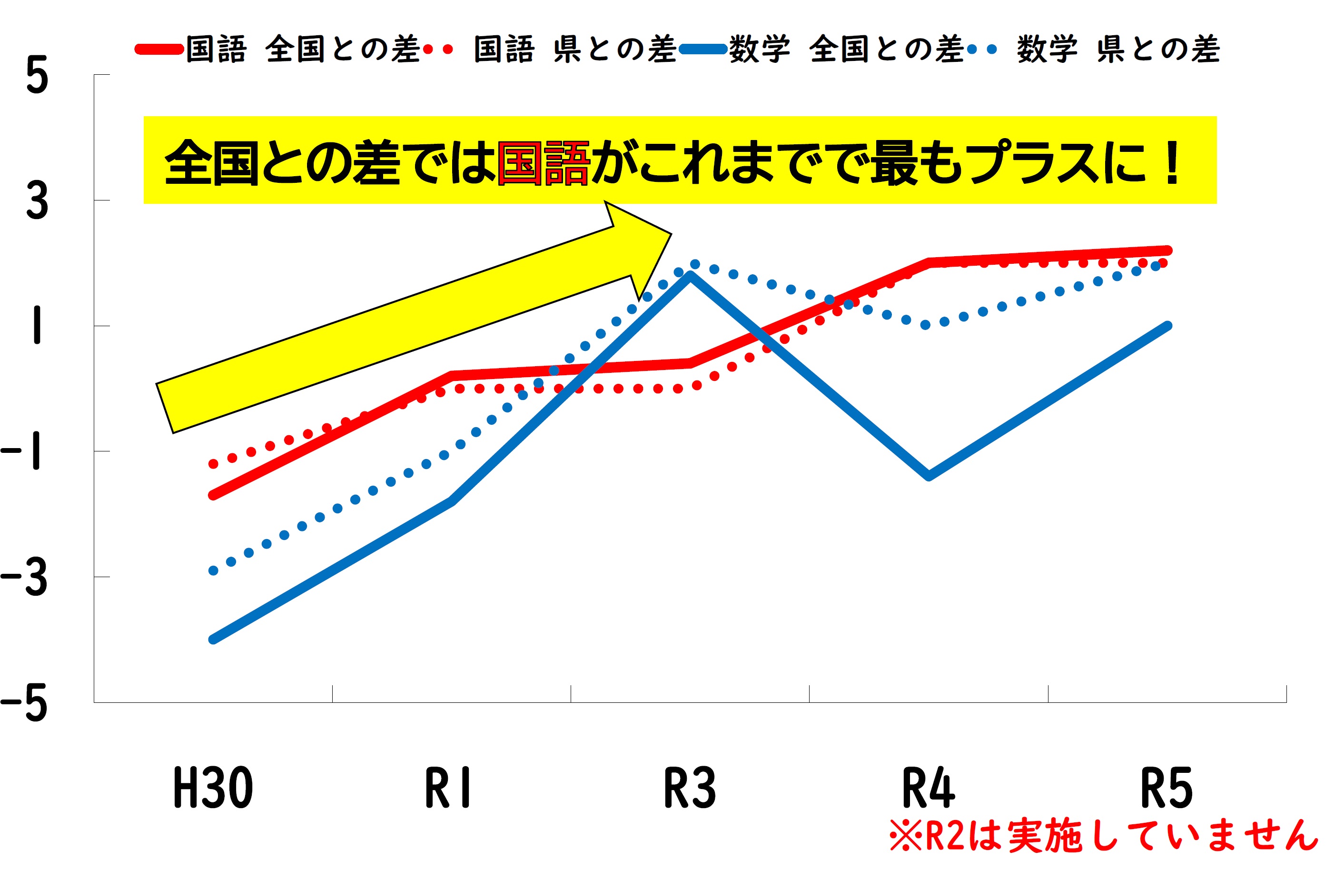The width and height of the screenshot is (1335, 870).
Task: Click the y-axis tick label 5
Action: pos(37,76)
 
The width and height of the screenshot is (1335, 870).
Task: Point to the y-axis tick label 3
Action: pos(37,201)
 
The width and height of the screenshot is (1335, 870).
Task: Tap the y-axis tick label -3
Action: pos(24,578)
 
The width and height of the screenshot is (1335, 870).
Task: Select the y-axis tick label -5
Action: pos(24,704)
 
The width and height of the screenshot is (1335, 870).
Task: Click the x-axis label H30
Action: pos(213,789)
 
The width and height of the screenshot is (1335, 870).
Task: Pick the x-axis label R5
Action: pos(1166,789)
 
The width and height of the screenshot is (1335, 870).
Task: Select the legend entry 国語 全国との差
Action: pos(303,50)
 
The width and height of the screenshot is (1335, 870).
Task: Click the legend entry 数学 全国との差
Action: pos(847,50)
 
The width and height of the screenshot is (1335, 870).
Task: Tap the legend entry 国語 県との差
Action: pos(575,50)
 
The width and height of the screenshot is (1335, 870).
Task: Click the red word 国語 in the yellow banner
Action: pos(543,163)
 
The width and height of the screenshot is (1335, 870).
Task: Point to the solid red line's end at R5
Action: pos(1167,250)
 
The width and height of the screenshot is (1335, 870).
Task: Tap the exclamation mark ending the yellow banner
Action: pos(1172,163)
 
